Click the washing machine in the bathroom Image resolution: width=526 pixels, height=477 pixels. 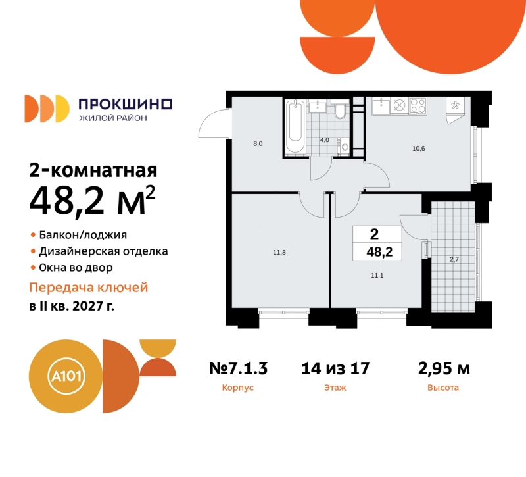(343, 146)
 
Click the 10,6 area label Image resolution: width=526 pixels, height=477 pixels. (419, 148)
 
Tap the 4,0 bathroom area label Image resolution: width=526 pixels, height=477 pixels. (324, 140)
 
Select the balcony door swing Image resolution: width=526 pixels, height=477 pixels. (414, 228)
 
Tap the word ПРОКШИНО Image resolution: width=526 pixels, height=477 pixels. (125, 103)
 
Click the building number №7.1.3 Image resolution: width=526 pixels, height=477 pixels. (237, 368)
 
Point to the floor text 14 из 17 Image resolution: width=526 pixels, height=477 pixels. (335, 368)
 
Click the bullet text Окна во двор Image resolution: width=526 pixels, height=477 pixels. (76, 268)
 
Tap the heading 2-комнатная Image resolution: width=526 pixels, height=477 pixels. (93, 171)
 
